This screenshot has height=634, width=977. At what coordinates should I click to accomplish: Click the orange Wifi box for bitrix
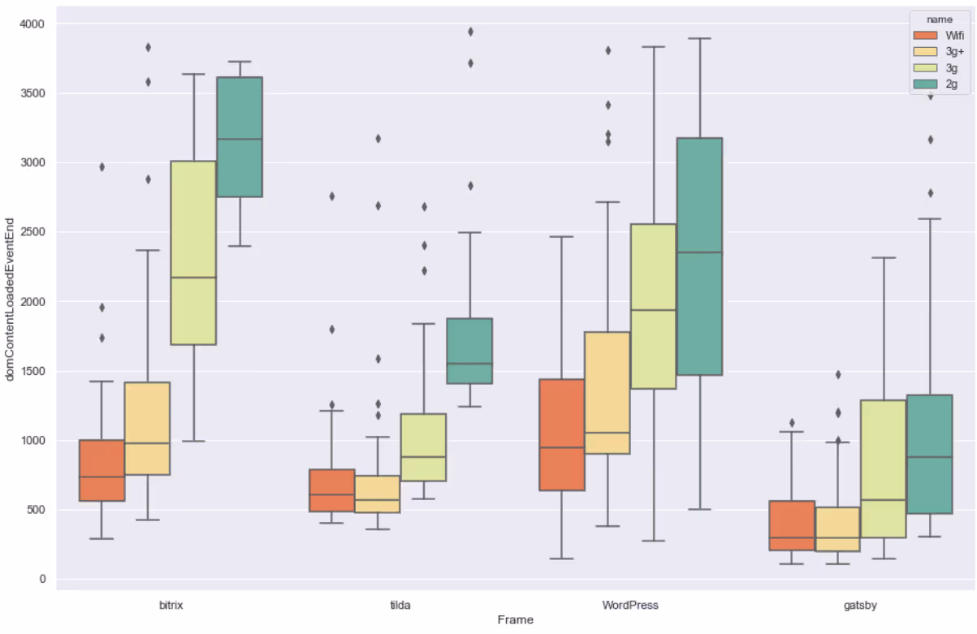(x=102, y=470)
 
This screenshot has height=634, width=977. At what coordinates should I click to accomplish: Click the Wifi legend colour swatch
(x=925, y=36)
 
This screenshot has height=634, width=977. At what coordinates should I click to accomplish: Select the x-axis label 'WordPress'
(x=630, y=605)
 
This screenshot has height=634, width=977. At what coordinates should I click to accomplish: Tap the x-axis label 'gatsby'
(x=859, y=605)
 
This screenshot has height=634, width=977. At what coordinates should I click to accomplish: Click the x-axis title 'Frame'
(x=515, y=620)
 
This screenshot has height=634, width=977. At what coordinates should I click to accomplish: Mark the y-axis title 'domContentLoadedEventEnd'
(x=11, y=300)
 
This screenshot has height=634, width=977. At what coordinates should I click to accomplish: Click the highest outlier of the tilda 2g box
(x=470, y=32)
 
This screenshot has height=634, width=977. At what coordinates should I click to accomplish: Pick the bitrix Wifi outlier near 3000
(x=102, y=166)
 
